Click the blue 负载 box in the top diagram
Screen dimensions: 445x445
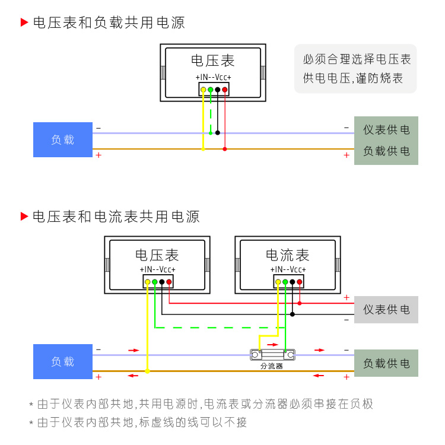pos(63,140)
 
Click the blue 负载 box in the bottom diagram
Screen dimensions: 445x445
pos(63,361)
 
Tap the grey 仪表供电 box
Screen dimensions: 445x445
pos(386,310)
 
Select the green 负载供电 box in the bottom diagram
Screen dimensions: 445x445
pos(386,363)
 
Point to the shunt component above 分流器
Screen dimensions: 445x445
pos(272,355)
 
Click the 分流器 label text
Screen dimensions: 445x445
pos(272,366)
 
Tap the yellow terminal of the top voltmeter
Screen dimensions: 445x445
pos(204,90)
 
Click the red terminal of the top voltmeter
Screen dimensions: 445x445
pos(225,90)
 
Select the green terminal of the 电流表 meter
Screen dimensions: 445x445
pos(285,282)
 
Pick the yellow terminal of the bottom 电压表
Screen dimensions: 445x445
pos(148,282)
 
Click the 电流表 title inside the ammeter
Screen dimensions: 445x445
pos(288,255)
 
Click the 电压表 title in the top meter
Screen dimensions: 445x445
pos(213,61)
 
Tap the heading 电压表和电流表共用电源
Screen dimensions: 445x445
pos(116,217)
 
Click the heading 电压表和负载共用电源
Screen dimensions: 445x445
pos(109,23)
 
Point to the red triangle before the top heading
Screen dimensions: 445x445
pos(24,23)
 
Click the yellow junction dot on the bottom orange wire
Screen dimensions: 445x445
pos(148,371)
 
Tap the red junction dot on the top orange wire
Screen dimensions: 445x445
pos(225,149)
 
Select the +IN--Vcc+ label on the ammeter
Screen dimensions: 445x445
pos(288,269)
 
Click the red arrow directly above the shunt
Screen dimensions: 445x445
pos(272,344)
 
